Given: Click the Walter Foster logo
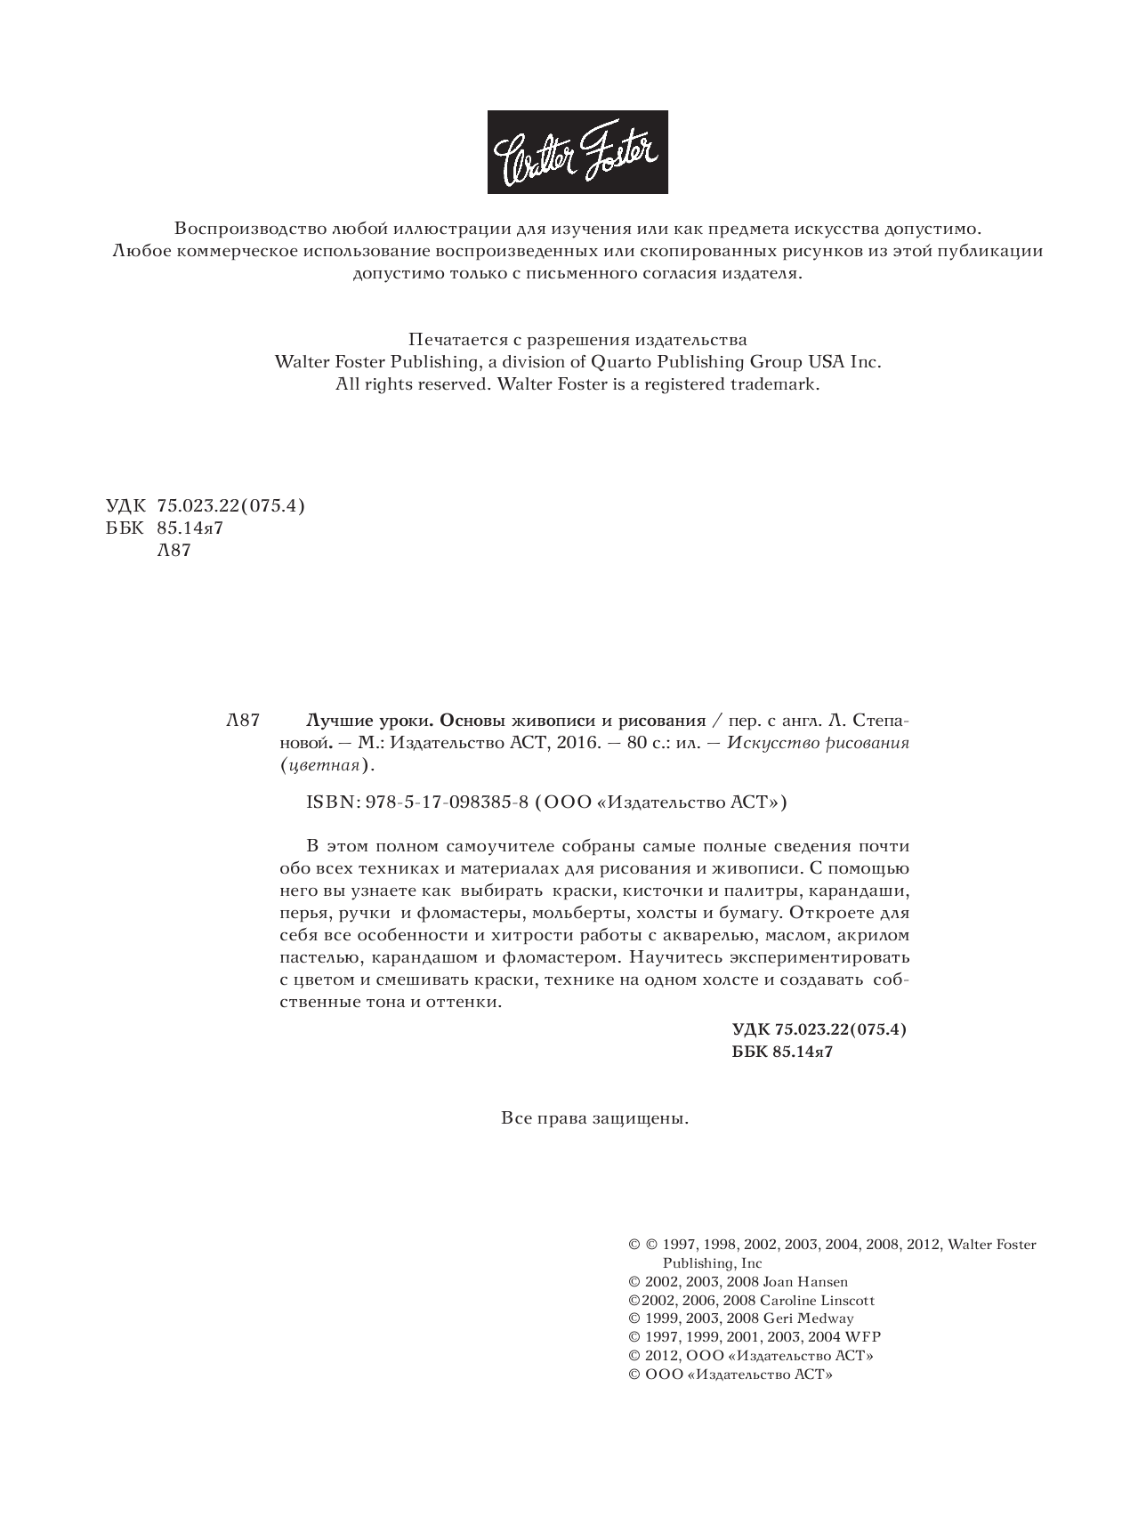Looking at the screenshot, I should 577,151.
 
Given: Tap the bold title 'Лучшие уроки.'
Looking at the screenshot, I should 370,720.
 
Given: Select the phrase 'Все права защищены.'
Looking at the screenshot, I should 595,1118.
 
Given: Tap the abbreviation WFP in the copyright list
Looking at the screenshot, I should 863,1337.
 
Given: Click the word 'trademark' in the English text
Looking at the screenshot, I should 773,385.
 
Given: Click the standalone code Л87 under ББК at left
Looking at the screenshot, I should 174,551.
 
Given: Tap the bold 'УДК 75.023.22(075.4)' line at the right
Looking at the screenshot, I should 819,1029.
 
